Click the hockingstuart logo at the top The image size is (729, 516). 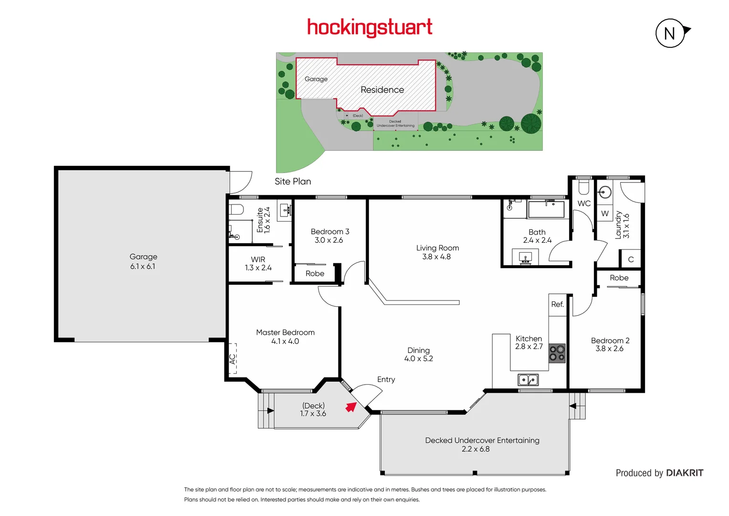pyautogui.click(x=370, y=27)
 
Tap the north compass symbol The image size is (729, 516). pyautogui.click(x=670, y=33)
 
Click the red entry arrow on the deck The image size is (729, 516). pyautogui.click(x=351, y=407)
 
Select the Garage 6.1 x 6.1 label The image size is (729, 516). pyautogui.click(x=143, y=261)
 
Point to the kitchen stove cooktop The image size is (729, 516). pyautogui.click(x=557, y=353)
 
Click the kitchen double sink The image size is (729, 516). pyautogui.click(x=528, y=380)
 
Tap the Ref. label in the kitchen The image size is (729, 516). pyautogui.click(x=557, y=304)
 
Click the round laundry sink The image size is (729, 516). pyautogui.click(x=605, y=192)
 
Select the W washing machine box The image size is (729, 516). pyautogui.click(x=605, y=214)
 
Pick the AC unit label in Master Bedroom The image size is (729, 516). pyautogui.click(x=232, y=358)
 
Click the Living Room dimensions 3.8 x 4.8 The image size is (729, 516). pyautogui.click(x=436, y=257)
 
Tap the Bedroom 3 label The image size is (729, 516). pyautogui.click(x=330, y=232)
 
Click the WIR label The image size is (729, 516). pyautogui.click(x=258, y=259)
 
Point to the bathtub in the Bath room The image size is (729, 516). pyautogui.click(x=546, y=209)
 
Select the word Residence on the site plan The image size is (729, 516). pyautogui.click(x=382, y=90)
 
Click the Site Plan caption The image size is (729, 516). pyautogui.click(x=293, y=182)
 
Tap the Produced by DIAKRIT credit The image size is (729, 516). pyautogui.click(x=659, y=473)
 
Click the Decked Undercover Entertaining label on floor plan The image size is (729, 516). pyautogui.click(x=482, y=441)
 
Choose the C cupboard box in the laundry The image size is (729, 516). pyautogui.click(x=631, y=259)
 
